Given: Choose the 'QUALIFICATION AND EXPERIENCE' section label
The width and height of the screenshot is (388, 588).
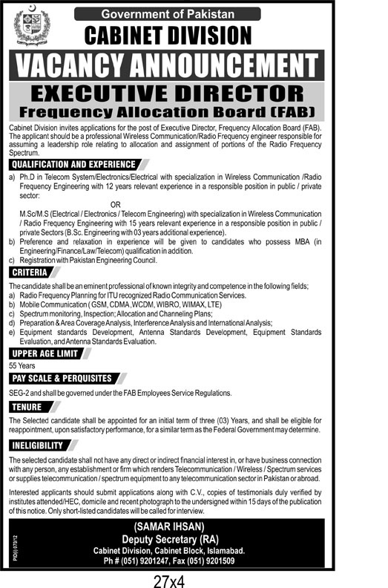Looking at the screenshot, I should pyautogui.click(x=62, y=165).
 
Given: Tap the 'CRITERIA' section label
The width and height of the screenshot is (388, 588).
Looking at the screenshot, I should pyautogui.click(x=29, y=273).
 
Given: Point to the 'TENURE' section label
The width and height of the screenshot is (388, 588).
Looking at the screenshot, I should pyautogui.click(x=27, y=407).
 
